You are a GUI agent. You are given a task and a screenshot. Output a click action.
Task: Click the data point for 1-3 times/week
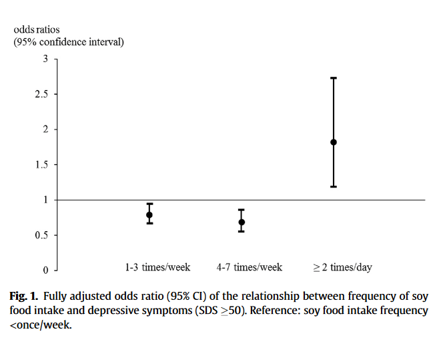pyautogui.click(x=150, y=215)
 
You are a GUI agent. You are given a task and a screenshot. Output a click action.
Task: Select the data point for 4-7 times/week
pyautogui.click(x=242, y=222)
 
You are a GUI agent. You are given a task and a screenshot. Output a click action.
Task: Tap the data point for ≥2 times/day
pyautogui.click(x=334, y=142)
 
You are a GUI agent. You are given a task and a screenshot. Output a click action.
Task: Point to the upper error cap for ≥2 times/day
pyautogui.click(x=334, y=78)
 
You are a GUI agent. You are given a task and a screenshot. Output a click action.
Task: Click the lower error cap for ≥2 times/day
pyautogui.click(x=334, y=186)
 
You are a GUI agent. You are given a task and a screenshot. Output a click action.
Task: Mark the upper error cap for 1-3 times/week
pyautogui.click(x=150, y=204)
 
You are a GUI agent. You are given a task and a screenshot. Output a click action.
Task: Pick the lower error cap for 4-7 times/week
pyautogui.click(x=242, y=231)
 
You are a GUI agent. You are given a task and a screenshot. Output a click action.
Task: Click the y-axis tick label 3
pyautogui.click(x=45, y=59)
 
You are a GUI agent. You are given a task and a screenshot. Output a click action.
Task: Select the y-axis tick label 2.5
pyautogui.click(x=41, y=94)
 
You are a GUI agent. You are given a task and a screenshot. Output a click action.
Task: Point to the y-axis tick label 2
pyautogui.click(x=45, y=130)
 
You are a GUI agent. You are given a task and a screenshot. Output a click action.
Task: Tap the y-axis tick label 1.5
pyautogui.click(x=41, y=165)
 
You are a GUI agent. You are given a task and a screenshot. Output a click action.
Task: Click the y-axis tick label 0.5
pyautogui.click(x=41, y=235)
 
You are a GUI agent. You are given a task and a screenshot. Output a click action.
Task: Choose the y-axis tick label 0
pyautogui.click(x=45, y=271)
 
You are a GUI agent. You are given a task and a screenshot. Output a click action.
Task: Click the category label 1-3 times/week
pyautogui.click(x=157, y=267)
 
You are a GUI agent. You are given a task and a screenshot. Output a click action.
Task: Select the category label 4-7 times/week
pyautogui.click(x=250, y=267)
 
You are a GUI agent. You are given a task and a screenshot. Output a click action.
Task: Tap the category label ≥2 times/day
pyautogui.click(x=342, y=267)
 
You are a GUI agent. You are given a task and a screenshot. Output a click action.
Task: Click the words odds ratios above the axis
pyautogui.click(x=37, y=30)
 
